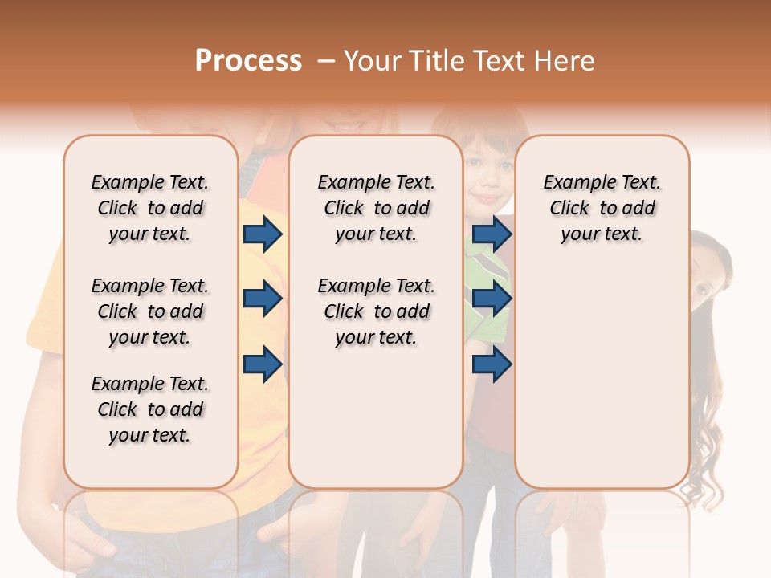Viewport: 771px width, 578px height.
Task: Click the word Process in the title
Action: tap(248, 61)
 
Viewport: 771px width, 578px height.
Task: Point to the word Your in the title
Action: tap(372, 61)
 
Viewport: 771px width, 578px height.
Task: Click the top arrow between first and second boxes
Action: tap(263, 234)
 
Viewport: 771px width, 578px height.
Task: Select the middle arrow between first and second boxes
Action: tap(263, 299)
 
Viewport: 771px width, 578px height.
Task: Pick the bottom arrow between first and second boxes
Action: tap(263, 364)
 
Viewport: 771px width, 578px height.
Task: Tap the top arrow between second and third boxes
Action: tap(492, 234)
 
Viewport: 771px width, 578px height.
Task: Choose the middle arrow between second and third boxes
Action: tap(492, 299)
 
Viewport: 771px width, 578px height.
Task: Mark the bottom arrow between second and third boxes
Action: tap(492, 364)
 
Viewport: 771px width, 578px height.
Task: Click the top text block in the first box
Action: tap(150, 208)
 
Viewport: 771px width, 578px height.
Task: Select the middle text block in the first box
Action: tap(150, 311)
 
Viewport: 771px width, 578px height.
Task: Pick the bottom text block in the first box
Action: tap(150, 409)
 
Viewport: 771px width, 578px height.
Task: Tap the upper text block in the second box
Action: tap(376, 208)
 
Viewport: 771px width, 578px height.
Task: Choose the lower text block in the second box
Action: tap(376, 311)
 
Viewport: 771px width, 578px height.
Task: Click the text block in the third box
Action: tap(602, 208)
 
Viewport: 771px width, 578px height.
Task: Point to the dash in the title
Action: tap(326, 62)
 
